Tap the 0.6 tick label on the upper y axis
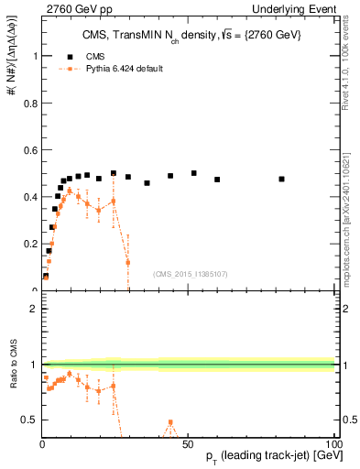29,149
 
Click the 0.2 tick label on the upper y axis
29,244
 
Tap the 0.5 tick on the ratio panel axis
29,420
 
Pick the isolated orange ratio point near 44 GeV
170,422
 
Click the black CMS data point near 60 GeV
217,180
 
